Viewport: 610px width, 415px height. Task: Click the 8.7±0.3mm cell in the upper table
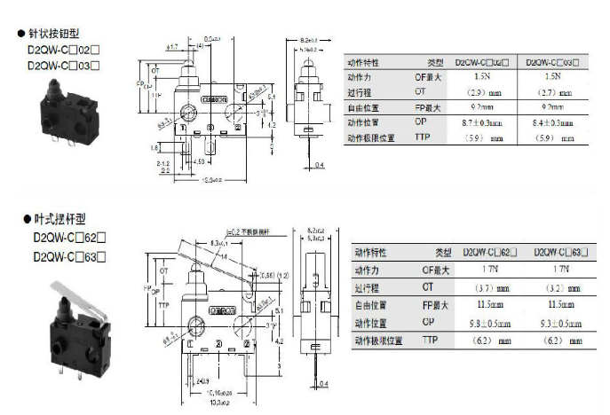pyautogui.click(x=483, y=123)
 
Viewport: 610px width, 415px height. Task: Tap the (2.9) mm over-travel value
pyautogui.click(x=483, y=92)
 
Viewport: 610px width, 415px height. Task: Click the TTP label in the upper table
pyautogui.click(x=423, y=138)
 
